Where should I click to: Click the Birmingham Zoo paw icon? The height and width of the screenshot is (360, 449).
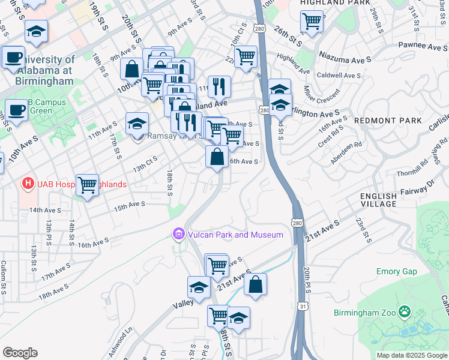point(406,313)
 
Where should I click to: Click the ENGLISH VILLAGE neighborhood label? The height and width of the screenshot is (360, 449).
point(378,200)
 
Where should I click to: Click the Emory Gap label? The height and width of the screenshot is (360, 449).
point(396,272)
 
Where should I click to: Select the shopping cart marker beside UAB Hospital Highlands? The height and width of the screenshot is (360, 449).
point(88,185)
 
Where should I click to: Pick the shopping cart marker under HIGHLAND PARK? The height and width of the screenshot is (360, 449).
point(312,21)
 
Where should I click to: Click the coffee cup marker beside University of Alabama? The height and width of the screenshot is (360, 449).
point(13,58)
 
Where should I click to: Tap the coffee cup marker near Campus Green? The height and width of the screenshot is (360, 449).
point(16,110)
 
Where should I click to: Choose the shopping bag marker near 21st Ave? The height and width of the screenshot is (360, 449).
point(256,284)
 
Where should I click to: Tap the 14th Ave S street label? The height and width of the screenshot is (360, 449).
point(44,210)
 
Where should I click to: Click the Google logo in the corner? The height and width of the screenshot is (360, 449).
point(20,353)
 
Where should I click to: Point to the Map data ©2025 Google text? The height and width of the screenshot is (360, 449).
point(411,355)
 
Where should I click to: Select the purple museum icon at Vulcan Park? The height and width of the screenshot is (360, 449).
point(178,234)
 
